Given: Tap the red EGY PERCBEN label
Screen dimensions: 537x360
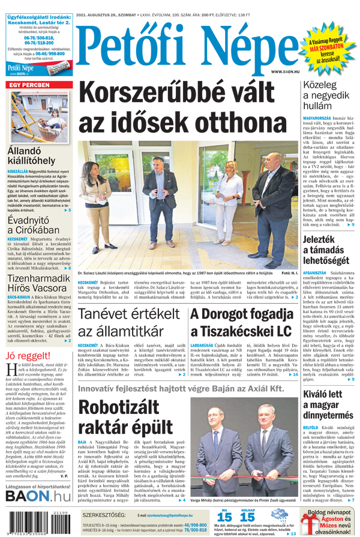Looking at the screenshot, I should (29, 86).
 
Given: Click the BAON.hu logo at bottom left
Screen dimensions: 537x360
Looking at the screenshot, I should (38, 496).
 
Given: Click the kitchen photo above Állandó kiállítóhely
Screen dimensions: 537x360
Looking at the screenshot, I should (38, 118).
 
